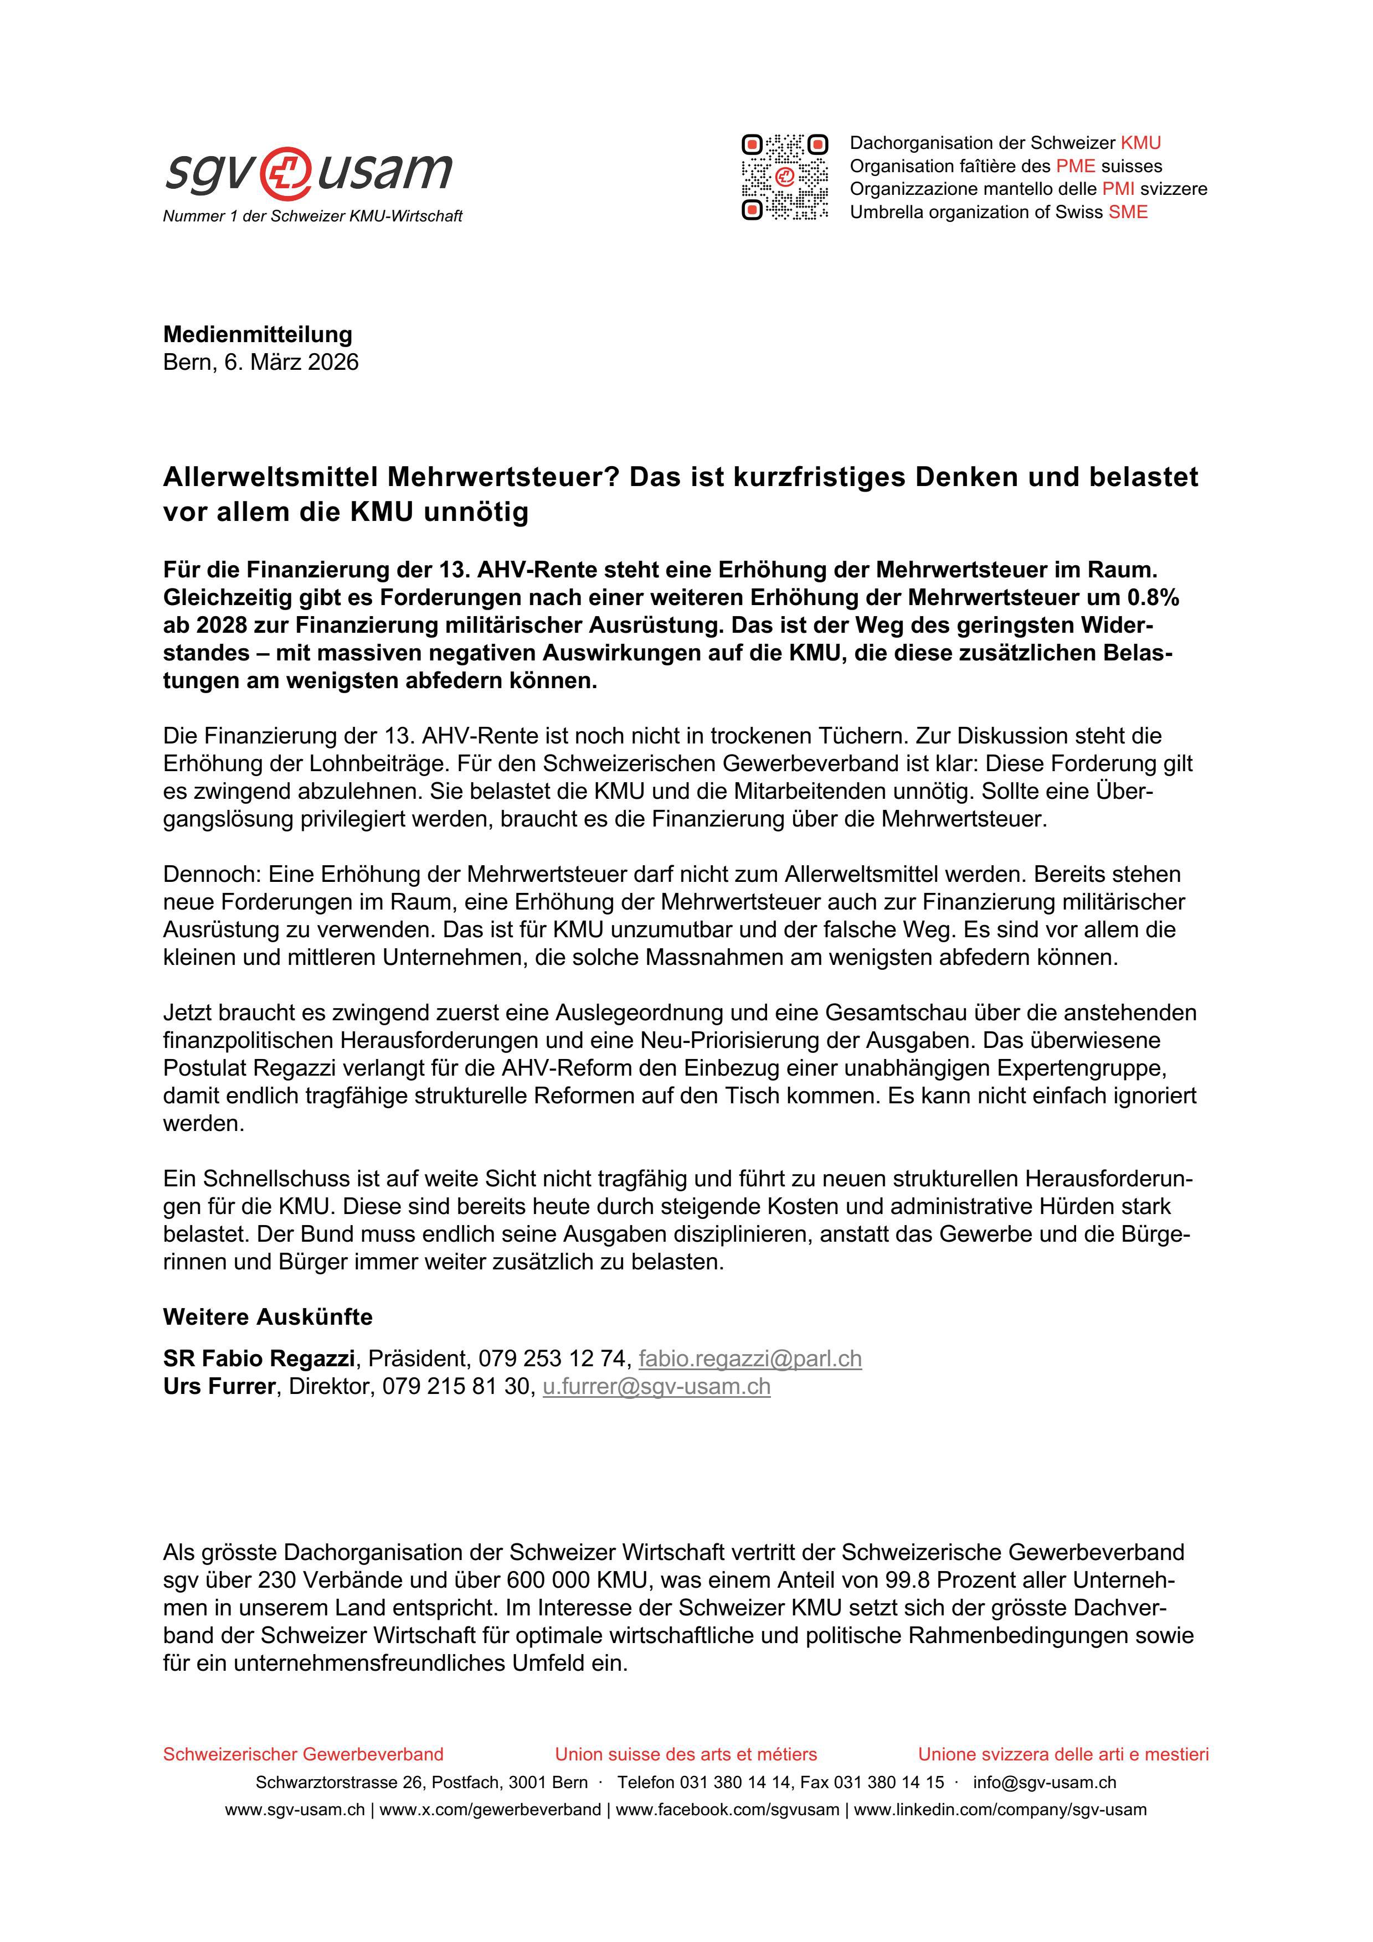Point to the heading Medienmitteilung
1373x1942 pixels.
(257, 334)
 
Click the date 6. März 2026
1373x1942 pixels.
(291, 362)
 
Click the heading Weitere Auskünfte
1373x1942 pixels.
(268, 1317)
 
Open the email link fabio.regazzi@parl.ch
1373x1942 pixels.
(749, 1359)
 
